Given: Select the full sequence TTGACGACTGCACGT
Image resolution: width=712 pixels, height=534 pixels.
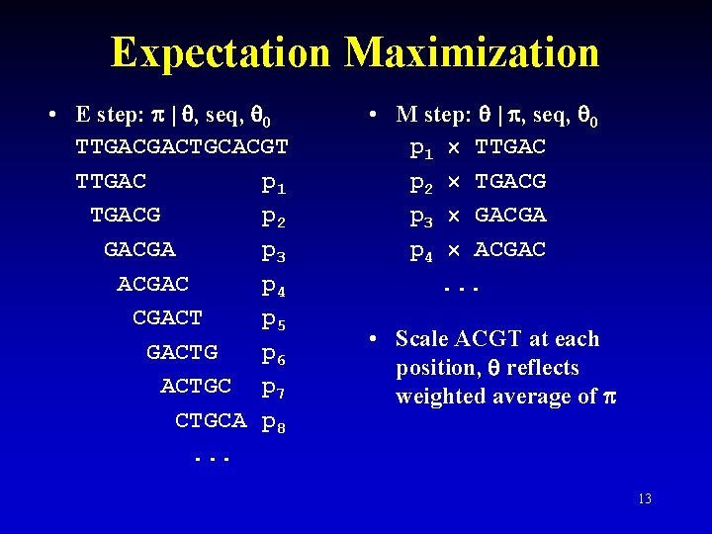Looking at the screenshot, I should (x=182, y=148).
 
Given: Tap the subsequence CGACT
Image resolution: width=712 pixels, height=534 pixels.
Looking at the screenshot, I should (x=167, y=317).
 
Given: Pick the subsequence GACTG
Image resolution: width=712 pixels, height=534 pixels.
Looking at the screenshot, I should (x=182, y=351).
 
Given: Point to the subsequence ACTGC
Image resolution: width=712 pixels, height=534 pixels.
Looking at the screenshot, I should (x=196, y=385).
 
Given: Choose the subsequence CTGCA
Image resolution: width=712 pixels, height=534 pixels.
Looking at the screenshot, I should (x=211, y=419).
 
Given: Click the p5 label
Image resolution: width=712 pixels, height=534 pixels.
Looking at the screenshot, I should (x=274, y=320).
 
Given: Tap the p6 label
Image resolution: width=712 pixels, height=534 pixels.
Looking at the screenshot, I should (x=274, y=354).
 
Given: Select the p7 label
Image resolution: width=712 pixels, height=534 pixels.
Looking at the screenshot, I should (x=274, y=388).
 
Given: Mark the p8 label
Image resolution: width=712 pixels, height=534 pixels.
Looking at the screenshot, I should (x=274, y=423).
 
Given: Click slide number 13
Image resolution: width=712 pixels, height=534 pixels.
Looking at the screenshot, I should (x=644, y=498).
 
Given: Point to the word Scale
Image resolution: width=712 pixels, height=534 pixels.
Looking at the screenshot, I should (x=422, y=339).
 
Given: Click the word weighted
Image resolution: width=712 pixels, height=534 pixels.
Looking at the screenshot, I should (x=439, y=397).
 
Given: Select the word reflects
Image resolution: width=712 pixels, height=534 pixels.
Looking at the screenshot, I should (x=543, y=368).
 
